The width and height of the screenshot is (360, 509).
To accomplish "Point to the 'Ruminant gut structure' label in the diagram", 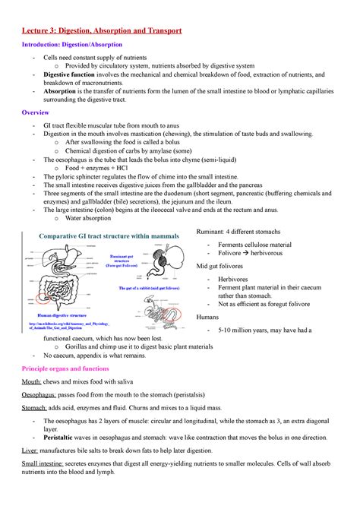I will click(126, 260).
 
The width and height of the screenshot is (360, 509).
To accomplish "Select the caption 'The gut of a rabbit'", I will click(144, 290).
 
